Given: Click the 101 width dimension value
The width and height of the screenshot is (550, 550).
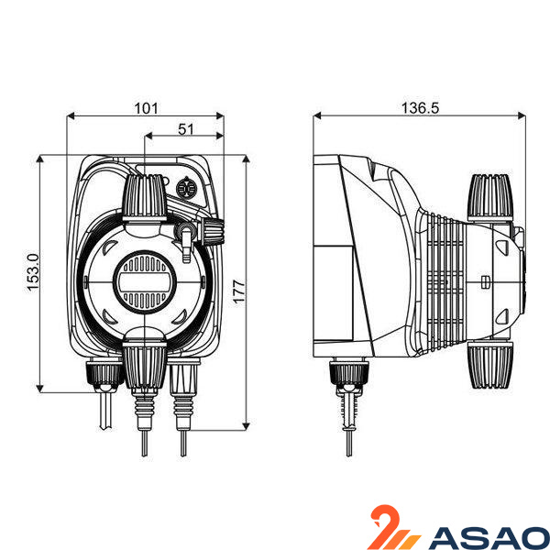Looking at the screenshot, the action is point(147,108).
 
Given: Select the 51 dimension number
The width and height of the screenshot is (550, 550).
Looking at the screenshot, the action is point(185,129).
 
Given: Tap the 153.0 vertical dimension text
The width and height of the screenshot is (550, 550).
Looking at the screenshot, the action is point(33,272).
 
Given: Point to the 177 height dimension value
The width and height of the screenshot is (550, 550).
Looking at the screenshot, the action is point(239,291).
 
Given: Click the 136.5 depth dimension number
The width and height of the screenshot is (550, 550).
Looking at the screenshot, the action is point(420,108).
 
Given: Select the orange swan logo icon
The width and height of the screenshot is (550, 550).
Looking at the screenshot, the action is point(394,527).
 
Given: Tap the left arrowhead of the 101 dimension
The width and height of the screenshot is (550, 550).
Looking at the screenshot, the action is point(71,115).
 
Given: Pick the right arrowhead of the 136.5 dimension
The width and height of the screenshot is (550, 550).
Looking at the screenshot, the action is point(522,115).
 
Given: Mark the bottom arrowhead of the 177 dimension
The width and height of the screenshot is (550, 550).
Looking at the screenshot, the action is point(246,426).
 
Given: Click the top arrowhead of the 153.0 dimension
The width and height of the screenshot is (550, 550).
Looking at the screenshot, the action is point(39,159).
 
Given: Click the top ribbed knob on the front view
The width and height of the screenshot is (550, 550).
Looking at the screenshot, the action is point(145,197).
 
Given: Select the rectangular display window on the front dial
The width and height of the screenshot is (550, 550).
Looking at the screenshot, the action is point(144,282).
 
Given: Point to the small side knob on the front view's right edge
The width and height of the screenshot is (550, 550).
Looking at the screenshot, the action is point(214,230).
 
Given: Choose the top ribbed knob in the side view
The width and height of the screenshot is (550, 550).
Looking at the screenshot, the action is point(490,197).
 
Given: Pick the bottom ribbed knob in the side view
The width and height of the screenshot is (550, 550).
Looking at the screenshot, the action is point(490,365).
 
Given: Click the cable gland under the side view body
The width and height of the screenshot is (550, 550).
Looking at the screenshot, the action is point(349,374).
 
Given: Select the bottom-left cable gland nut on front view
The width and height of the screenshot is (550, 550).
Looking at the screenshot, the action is point(104,374).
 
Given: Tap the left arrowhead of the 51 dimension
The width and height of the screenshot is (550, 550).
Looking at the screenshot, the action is point(148,136).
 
